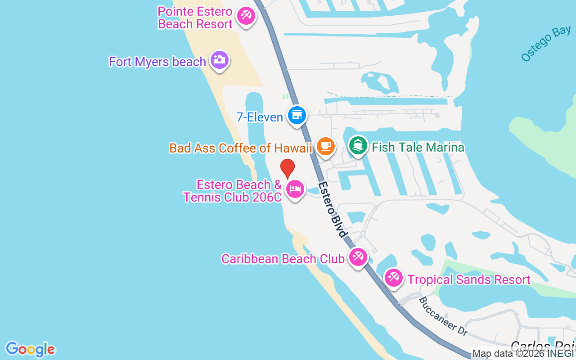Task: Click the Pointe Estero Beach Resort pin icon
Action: pyautogui.click(x=246, y=16)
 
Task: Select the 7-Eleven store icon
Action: pyautogui.click(x=297, y=115)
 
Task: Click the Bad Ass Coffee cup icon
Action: pyautogui.click(x=325, y=146)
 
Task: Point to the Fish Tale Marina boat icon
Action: pyautogui.click(x=358, y=145)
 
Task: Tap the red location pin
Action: pyautogui.click(x=288, y=168)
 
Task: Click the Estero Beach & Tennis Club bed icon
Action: pyautogui.click(x=295, y=189)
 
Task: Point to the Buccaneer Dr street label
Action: pyautogui.click(x=443, y=316)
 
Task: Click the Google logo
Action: pyautogui.click(x=30, y=349)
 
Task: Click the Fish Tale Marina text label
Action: pyautogui.click(x=418, y=147)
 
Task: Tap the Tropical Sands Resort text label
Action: pyautogui.click(x=469, y=279)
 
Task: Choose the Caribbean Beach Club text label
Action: pyautogui.click(x=283, y=259)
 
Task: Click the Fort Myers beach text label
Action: pyautogui.click(x=157, y=62)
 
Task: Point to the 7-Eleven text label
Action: pyautogui.click(x=260, y=117)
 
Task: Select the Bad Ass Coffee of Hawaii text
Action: pyautogui.click(x=241, y=148)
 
